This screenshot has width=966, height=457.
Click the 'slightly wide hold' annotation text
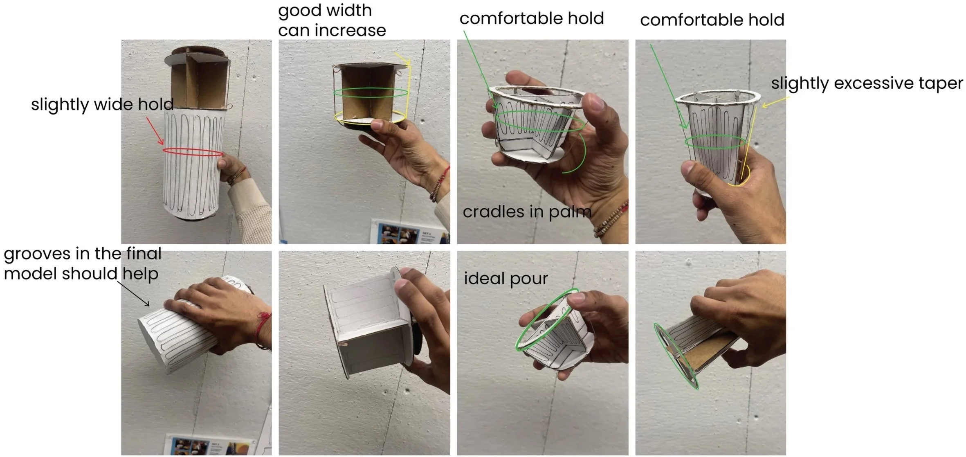click(x=102, y=105)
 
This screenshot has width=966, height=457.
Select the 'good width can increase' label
click(x=332, y=20)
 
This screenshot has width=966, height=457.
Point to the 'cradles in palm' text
click(x=527, y=212)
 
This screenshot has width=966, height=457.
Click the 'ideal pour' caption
click(x=505, y=279)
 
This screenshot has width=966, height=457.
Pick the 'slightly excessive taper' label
click(x=867, y=83)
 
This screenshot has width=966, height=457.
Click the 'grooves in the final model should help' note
click(x=82, y=263)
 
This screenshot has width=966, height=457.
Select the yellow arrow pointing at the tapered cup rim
click(x=775, y=102)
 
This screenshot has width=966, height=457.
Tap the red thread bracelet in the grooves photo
click(x=263, y=329)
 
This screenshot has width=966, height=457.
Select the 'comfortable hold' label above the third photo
click(x=532, y=19)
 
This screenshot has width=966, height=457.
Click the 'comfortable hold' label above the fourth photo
click(x=712, y=20)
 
